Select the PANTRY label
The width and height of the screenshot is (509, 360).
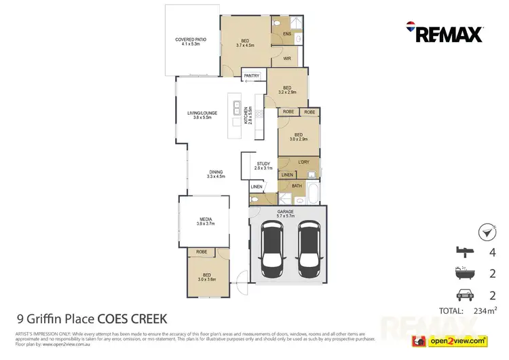point(253,77)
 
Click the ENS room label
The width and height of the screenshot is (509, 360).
point(286,33)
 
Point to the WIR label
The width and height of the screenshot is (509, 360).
point(287,58)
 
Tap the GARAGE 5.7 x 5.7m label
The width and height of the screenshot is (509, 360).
point(287,215)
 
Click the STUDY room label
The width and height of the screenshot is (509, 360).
point(263,165)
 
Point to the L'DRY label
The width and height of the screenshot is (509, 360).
point(303,162)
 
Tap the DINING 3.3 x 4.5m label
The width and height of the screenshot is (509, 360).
point(216,174)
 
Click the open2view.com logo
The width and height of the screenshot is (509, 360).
point(453,340)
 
